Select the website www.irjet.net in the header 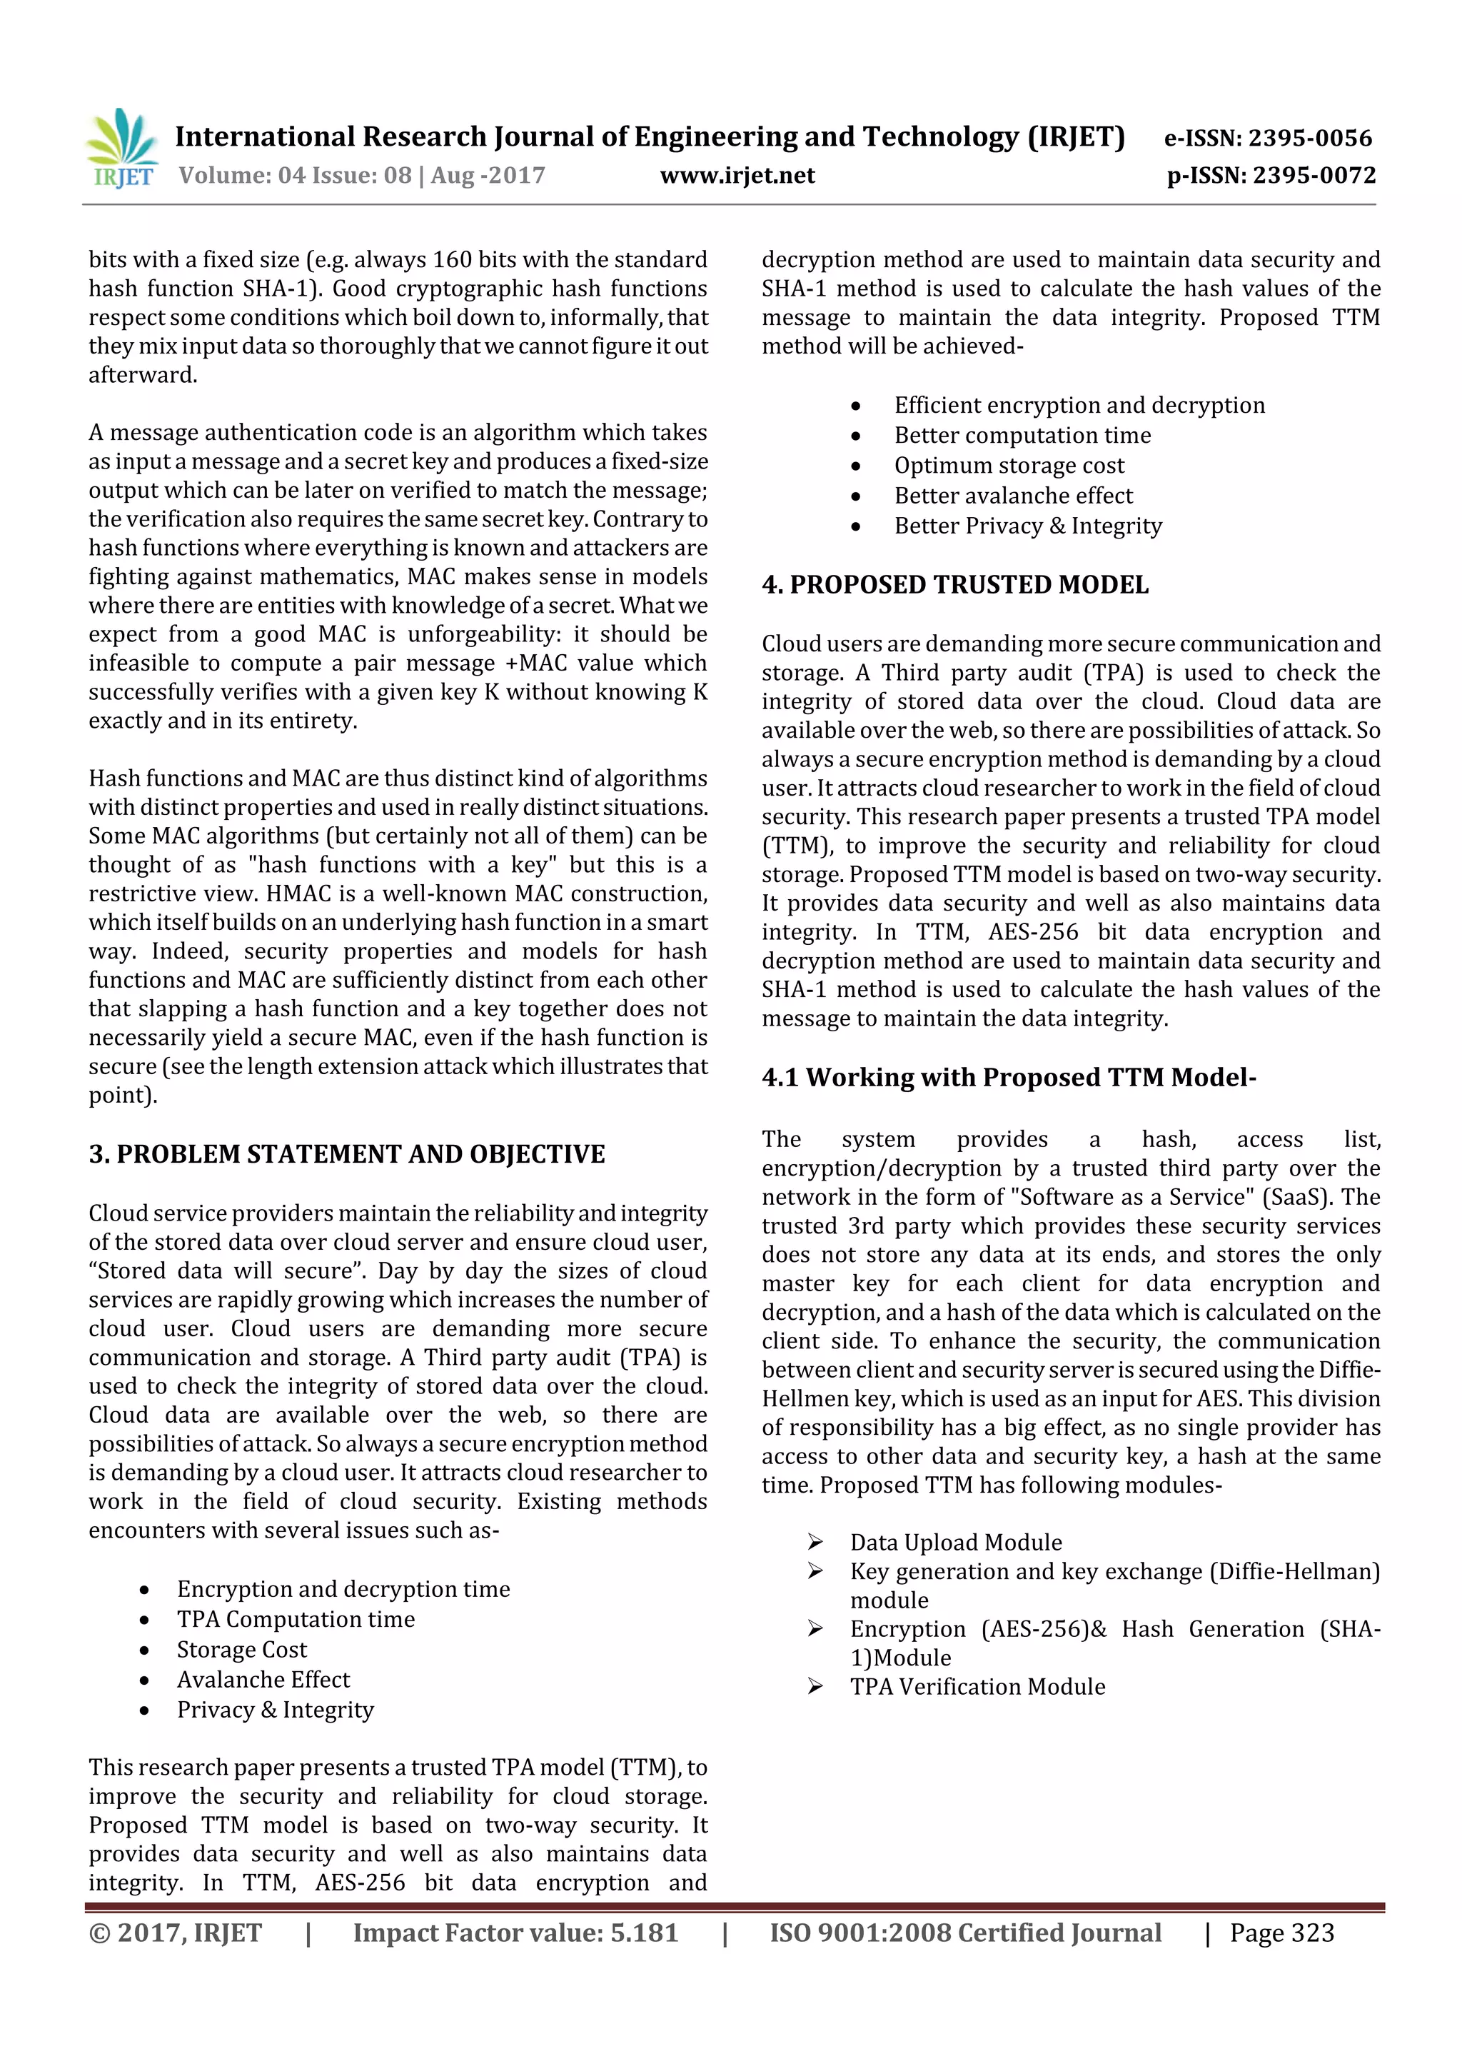click(x=737, y=175)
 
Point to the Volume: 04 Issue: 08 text click(x=295, y=175)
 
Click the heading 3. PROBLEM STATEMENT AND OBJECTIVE click(x=347, y=1153)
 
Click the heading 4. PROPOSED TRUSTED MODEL click(x=955, y=585)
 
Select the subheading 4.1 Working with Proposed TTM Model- click(x=1008, y=1077)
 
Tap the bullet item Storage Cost click(x=241, y=1649)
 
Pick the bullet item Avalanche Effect click(x=263, y=1679)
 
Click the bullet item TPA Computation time click(x=296, y=1619)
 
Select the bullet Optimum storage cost click(x=1009, y=465)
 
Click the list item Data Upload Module click(x=956, y=1542)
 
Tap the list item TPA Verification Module click(x=977, y=1686)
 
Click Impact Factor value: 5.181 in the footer click(x=515, y=1932)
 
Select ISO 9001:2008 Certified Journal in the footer click(x=964, y=1932)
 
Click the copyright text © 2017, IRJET click(x=175, y=1932)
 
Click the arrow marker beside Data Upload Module click(x=815, y=1542)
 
